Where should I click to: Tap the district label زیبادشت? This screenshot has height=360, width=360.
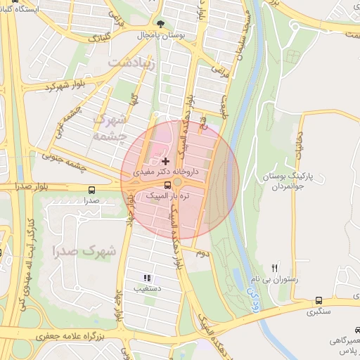tap(127, 63)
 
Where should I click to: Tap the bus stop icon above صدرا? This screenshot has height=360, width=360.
tap(91, 190)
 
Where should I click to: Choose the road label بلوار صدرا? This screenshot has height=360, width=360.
tap(30, 187)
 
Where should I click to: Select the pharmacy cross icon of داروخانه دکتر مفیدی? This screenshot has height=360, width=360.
tap(165, 161)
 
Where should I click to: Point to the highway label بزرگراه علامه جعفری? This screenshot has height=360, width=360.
tap(70, 337)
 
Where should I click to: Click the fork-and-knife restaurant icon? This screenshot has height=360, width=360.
tap(275, 267)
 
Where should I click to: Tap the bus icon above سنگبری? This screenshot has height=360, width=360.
tap(319, 300)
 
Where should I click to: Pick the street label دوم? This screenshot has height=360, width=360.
tap(202, 252)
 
